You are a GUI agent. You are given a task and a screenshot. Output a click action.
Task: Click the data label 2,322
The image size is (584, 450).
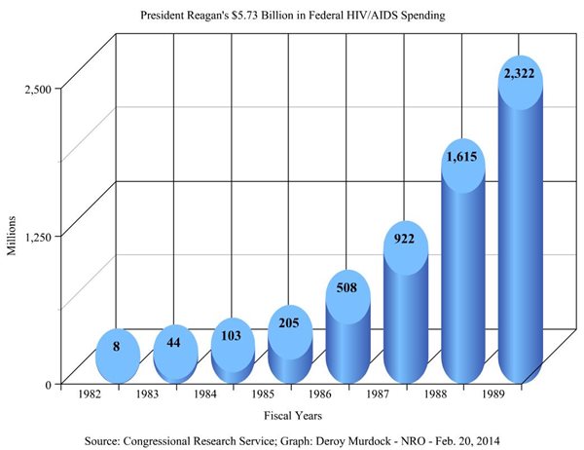click(x=519, y=72)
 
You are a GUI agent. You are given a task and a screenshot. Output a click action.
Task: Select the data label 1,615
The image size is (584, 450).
click(x=461, y=155)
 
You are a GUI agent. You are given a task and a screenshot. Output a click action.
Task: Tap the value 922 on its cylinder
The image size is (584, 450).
click(x=404, y=239)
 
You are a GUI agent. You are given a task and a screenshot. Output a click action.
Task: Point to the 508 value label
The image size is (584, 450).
click(x=347, y=288)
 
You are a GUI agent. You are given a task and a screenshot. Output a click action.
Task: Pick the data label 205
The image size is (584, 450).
click(x=289, y=324)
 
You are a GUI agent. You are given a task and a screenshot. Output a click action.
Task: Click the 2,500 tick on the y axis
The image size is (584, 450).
click(x=37, y=89)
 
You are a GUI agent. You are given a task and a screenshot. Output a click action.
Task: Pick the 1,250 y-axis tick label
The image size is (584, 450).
click(x=37, y=236)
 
